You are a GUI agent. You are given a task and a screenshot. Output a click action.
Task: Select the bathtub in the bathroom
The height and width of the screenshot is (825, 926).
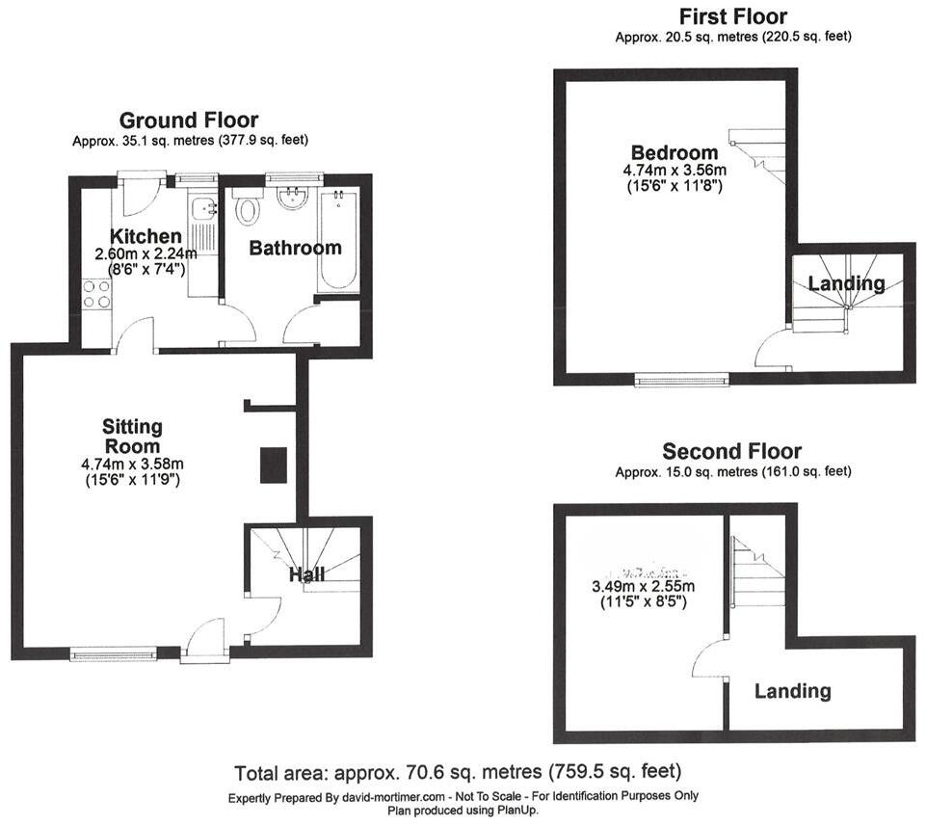tap(341, 242)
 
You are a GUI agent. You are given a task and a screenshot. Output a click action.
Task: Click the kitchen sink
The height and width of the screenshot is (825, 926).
tap(203, 210)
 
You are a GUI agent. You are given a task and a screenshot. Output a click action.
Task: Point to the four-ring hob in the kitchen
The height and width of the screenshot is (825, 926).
tap(96, 293)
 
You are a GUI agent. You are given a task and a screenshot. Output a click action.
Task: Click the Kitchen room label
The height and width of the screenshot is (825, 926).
tap(146, 237)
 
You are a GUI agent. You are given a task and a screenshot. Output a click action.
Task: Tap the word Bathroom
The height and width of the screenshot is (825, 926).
tap(295, 249)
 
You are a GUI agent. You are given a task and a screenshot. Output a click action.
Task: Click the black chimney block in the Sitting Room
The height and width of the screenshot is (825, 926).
tap(273, 465)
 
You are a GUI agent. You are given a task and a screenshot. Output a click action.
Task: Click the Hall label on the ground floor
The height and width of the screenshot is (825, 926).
tap(307, 575)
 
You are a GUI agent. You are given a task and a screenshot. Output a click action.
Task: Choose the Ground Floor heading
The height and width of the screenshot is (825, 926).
tap(188, 120)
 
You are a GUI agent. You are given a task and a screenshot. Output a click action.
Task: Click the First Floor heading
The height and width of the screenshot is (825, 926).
tap(732, 16)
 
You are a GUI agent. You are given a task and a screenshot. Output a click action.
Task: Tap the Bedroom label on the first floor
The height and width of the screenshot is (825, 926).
tap(675, 152)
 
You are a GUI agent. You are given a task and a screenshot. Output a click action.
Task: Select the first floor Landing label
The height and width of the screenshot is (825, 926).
tap(845, 284)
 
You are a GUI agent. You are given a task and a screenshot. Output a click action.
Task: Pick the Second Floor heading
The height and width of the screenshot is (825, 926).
tap(731, 452)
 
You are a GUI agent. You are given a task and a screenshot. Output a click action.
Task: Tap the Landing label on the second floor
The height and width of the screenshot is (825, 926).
tap(792, 691)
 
